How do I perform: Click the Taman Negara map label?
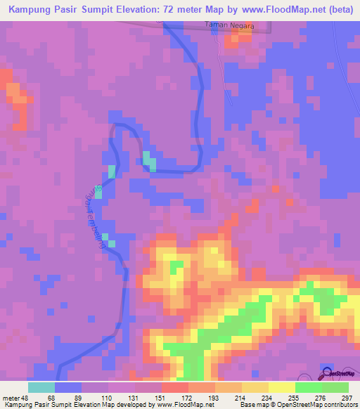[228, 26]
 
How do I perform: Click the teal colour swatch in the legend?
[41, 387]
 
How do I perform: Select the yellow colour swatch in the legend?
[282, 387]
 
